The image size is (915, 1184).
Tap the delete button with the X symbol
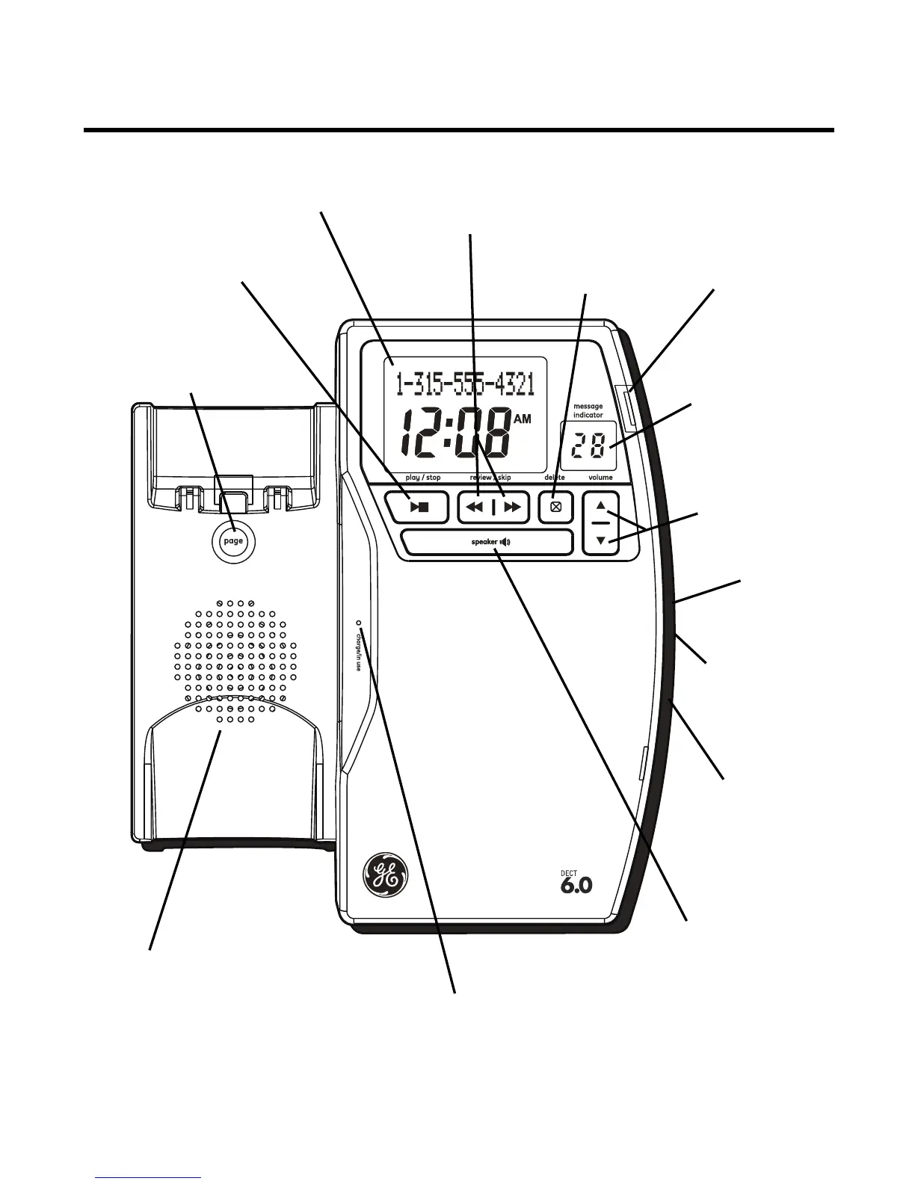(555, 507)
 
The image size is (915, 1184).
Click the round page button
(233, 540)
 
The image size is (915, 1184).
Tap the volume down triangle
(601, 540)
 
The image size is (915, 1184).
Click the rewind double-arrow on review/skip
(475, 508)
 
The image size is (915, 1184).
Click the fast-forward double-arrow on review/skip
(512, 508)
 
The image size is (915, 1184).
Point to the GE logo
(384, 875)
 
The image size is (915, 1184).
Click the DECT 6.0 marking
(576, 881)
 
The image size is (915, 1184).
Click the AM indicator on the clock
(522, 419)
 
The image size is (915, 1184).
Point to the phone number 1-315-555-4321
(465, 385)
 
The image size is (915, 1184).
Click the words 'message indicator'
(588, 410)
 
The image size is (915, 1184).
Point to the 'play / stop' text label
(423, 477)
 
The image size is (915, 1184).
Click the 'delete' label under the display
(555, 477)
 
